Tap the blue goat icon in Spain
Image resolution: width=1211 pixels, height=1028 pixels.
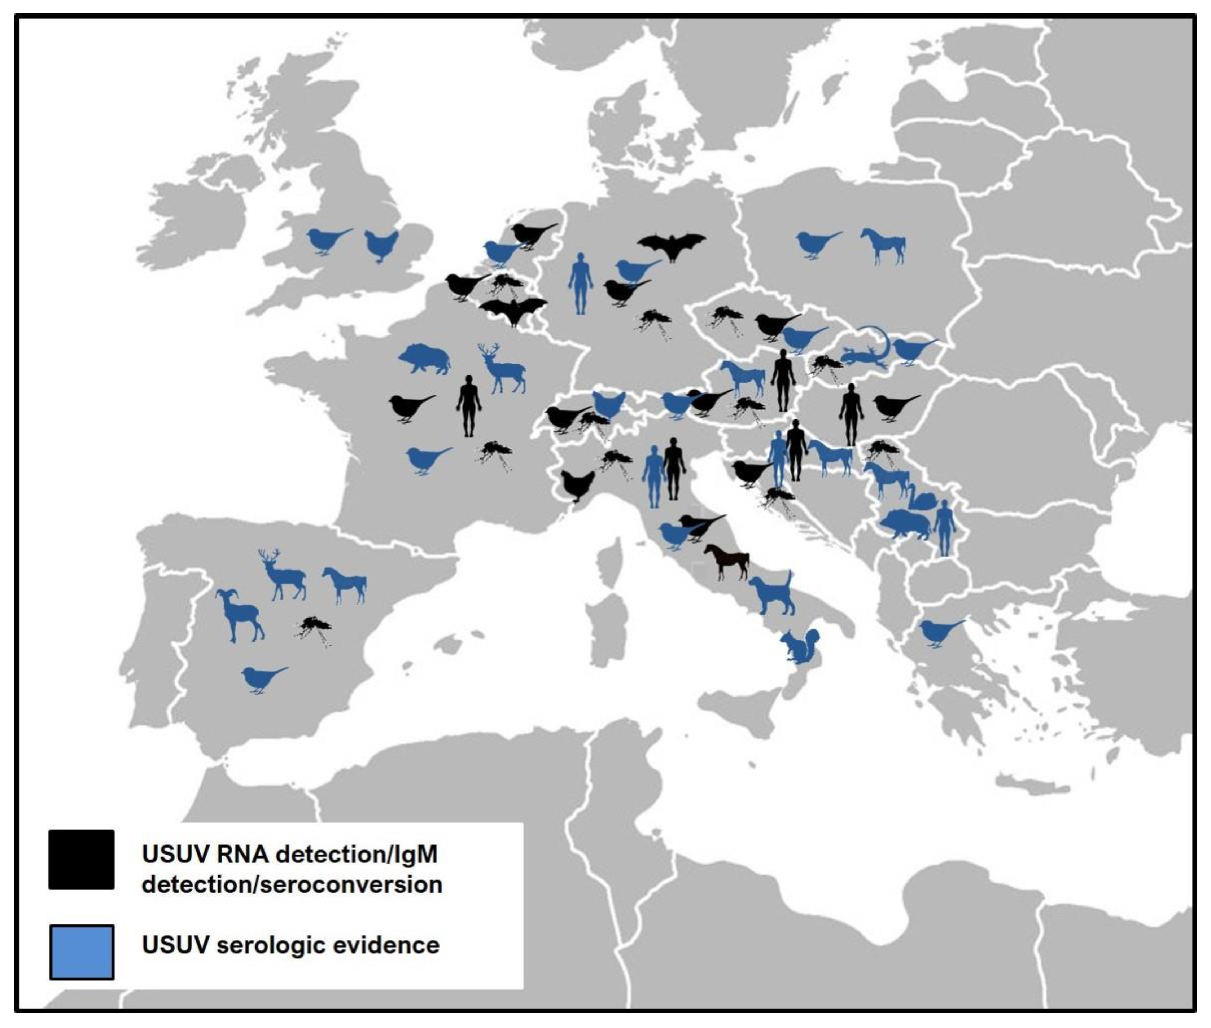(239, 615)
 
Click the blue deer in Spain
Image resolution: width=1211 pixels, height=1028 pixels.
(283, 574)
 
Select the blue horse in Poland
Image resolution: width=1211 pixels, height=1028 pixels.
(883, 245)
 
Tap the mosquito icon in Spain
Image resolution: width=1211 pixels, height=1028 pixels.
(315, 629)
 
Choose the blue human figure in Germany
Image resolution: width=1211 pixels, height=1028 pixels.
(580, 283)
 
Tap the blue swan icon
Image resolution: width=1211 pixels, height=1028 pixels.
(921, 498)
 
